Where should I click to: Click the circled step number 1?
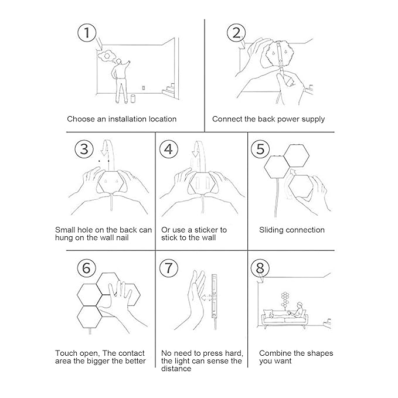pos(87,33)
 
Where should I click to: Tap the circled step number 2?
pos(236,33)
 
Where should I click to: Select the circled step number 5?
pos(260,149)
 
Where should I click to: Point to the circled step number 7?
pos(169,268)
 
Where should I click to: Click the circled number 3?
pos(84,149)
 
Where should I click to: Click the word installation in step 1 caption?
pos(127,119)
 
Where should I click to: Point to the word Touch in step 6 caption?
pos(65,353)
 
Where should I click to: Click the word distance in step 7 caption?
pos(176,369)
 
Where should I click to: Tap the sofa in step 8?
pos(284,318)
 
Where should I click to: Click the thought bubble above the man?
pos(107,56)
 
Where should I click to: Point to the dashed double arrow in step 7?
pos(207,297)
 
